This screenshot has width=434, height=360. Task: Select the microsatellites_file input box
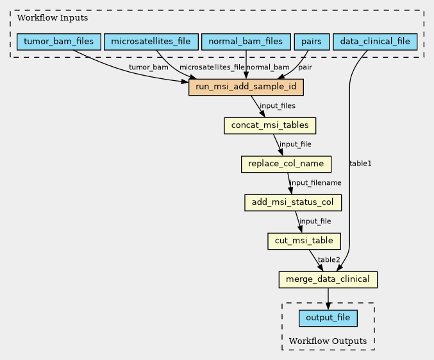(x=151, y=42)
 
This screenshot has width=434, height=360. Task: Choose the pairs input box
(x=312, y=42)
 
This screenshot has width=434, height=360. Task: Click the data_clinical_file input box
(x=375, y=42)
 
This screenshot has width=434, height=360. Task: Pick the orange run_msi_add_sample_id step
(x=246, y=87)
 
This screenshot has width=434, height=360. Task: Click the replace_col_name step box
(x=286, y=164)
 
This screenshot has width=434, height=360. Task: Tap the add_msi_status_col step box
(x=293, y=203)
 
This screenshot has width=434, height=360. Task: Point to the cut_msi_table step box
(x=304, y=241)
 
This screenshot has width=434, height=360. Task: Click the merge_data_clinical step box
(x=328, y=280)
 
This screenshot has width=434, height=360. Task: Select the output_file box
(x=328, y=318)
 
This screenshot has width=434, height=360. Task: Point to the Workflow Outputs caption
(x=328, y=340)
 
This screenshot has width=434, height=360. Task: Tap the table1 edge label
(x=360, y=164)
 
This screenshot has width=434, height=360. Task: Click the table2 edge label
(x=329, y=259)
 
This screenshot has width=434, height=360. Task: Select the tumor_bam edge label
(x=148, y=67)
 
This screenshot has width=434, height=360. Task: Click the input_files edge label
(x=278, y=105)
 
